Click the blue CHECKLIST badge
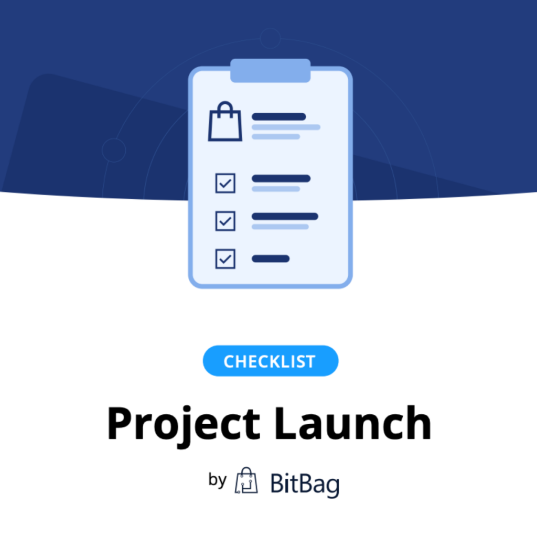point(271,361)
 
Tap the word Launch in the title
point(353,423)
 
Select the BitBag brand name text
point(305,484)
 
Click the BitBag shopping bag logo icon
point(246,480)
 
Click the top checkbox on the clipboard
point(225,183)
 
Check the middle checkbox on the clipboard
point(225,221)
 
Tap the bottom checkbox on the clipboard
point(225,259)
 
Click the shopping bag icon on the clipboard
point(225,121)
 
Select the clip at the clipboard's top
point(271,71)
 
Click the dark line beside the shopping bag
point(279,117)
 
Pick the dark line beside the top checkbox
point(281,178)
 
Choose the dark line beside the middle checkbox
point(285,216)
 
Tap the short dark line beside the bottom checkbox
point(271,259)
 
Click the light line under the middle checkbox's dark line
point(280,227)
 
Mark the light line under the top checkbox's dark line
point(276,189)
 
